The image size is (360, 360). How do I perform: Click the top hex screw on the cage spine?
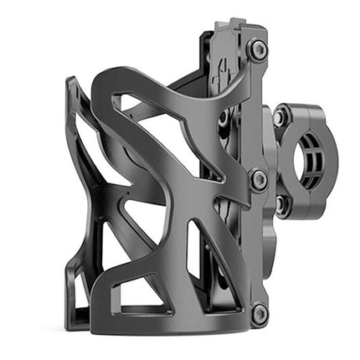258,50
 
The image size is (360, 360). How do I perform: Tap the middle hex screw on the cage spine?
258,178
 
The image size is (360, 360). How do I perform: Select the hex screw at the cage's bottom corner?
259,314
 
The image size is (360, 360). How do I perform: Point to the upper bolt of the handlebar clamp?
280,117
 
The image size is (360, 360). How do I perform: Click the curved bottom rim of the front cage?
167,322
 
